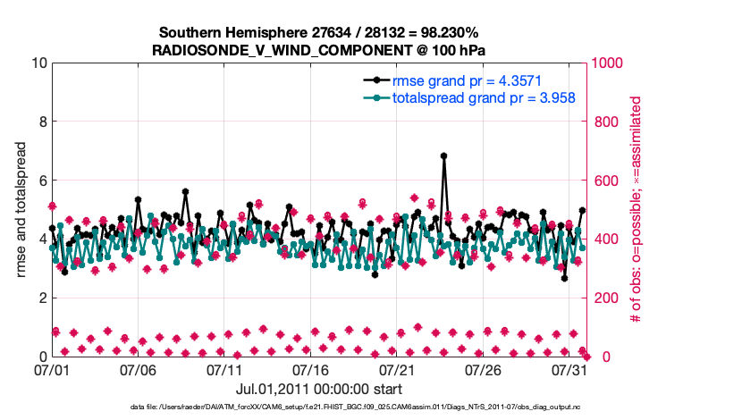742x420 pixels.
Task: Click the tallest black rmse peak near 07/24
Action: (443, 155)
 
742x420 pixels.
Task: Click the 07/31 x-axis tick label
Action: (570, 369)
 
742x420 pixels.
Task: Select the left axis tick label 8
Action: (41, 122)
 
